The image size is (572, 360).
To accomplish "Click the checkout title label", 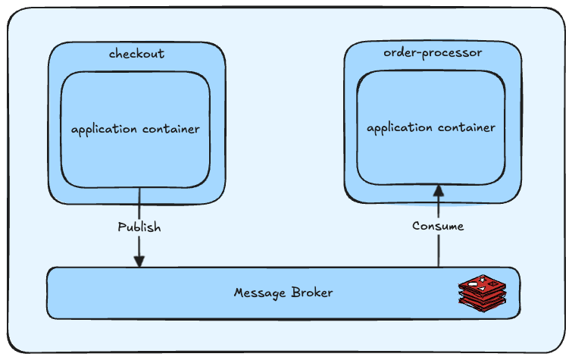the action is coord(137,54).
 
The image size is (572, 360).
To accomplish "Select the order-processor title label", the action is coord(433,53).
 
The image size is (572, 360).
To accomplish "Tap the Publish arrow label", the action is coord(139,227).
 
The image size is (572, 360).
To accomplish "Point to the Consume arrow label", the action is coord(438,226).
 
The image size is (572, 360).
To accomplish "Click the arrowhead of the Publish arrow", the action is coord(139,261).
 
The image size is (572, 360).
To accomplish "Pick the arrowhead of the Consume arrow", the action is coord(439,190).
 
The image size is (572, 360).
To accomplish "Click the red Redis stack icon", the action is coord(483,293).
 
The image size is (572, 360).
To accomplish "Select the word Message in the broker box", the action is coord(260,293).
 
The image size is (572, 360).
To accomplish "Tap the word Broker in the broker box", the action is coord(312,293).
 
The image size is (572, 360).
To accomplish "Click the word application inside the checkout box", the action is coord(105,130).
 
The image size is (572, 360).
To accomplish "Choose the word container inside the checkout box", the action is coord(171,129).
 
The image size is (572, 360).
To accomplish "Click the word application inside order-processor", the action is coord(400,128).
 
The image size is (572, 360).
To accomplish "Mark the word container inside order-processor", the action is coord(467,127).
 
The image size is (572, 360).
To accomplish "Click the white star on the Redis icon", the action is coord(483,280).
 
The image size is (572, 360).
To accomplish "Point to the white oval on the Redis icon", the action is coord(473,284).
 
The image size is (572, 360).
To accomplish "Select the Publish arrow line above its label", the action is coord(139,204).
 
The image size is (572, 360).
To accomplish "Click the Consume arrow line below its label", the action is coord(439,250).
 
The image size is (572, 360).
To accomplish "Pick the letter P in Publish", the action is coord(122,227).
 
